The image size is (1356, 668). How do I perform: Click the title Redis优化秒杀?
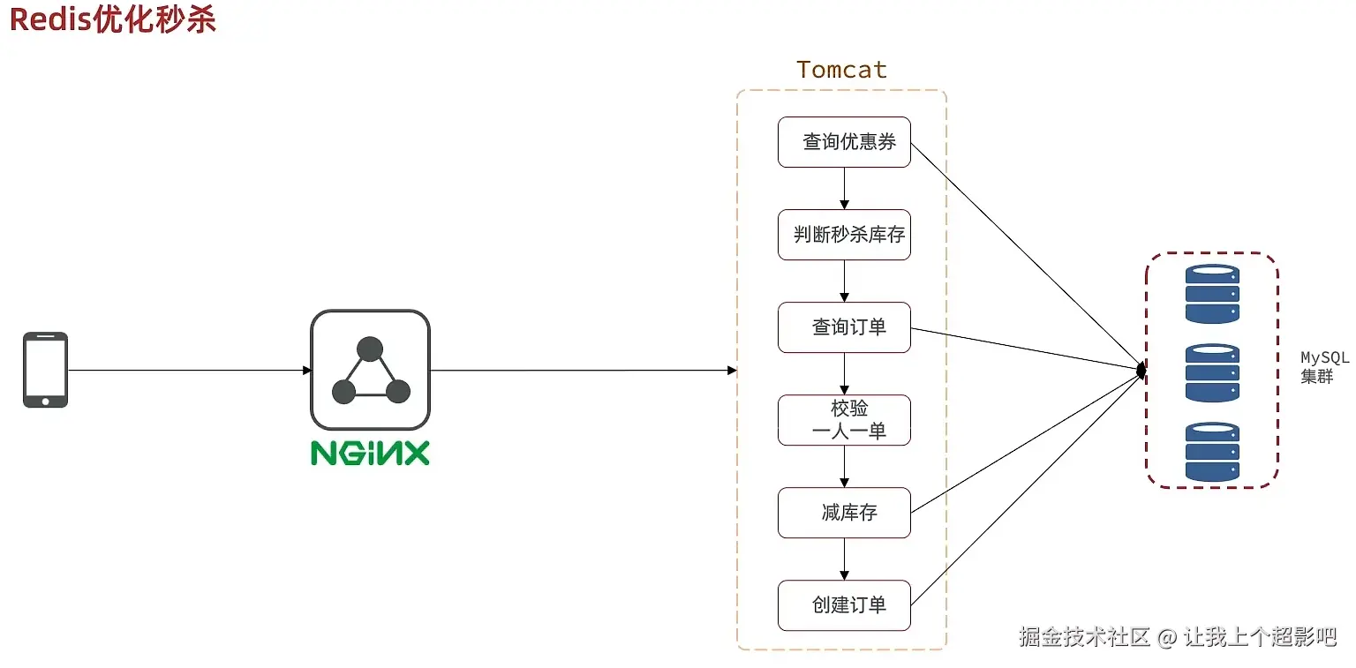click(x=113, y=19)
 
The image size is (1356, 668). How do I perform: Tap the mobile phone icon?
click(x=45, y=370)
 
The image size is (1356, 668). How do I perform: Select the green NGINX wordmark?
click(x=370, y=453)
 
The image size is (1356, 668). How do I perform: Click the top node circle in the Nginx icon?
click(x=370, y=349)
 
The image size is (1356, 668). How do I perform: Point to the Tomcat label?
click(x=841, y=70)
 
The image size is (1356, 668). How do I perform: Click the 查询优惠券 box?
click(x=843, y=142)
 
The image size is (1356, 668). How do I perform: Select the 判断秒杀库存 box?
click(x=843, y=235)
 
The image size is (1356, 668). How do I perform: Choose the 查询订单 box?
click(x=843, y=327)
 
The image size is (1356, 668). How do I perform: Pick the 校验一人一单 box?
click(x=843, y=420)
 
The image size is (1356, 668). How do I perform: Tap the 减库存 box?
click(x=843, y=513)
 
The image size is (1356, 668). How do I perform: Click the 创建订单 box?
click(x=843, y=605)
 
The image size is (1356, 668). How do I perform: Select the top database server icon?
click(x=1212, y=294)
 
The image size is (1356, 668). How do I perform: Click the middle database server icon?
click(x=1212, y=372)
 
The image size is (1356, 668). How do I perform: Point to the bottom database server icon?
click(x=1212, y=451)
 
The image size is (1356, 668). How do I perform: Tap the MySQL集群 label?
click(x=1324, y=367)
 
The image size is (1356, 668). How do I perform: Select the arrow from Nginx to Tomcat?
click(x=583, y=370)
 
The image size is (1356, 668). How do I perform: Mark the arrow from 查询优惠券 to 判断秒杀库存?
click(x=845, y=188)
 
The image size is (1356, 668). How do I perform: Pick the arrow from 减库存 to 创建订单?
click(x=845, y=559)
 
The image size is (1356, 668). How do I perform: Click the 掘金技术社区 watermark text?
click(x=1084, y=636)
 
